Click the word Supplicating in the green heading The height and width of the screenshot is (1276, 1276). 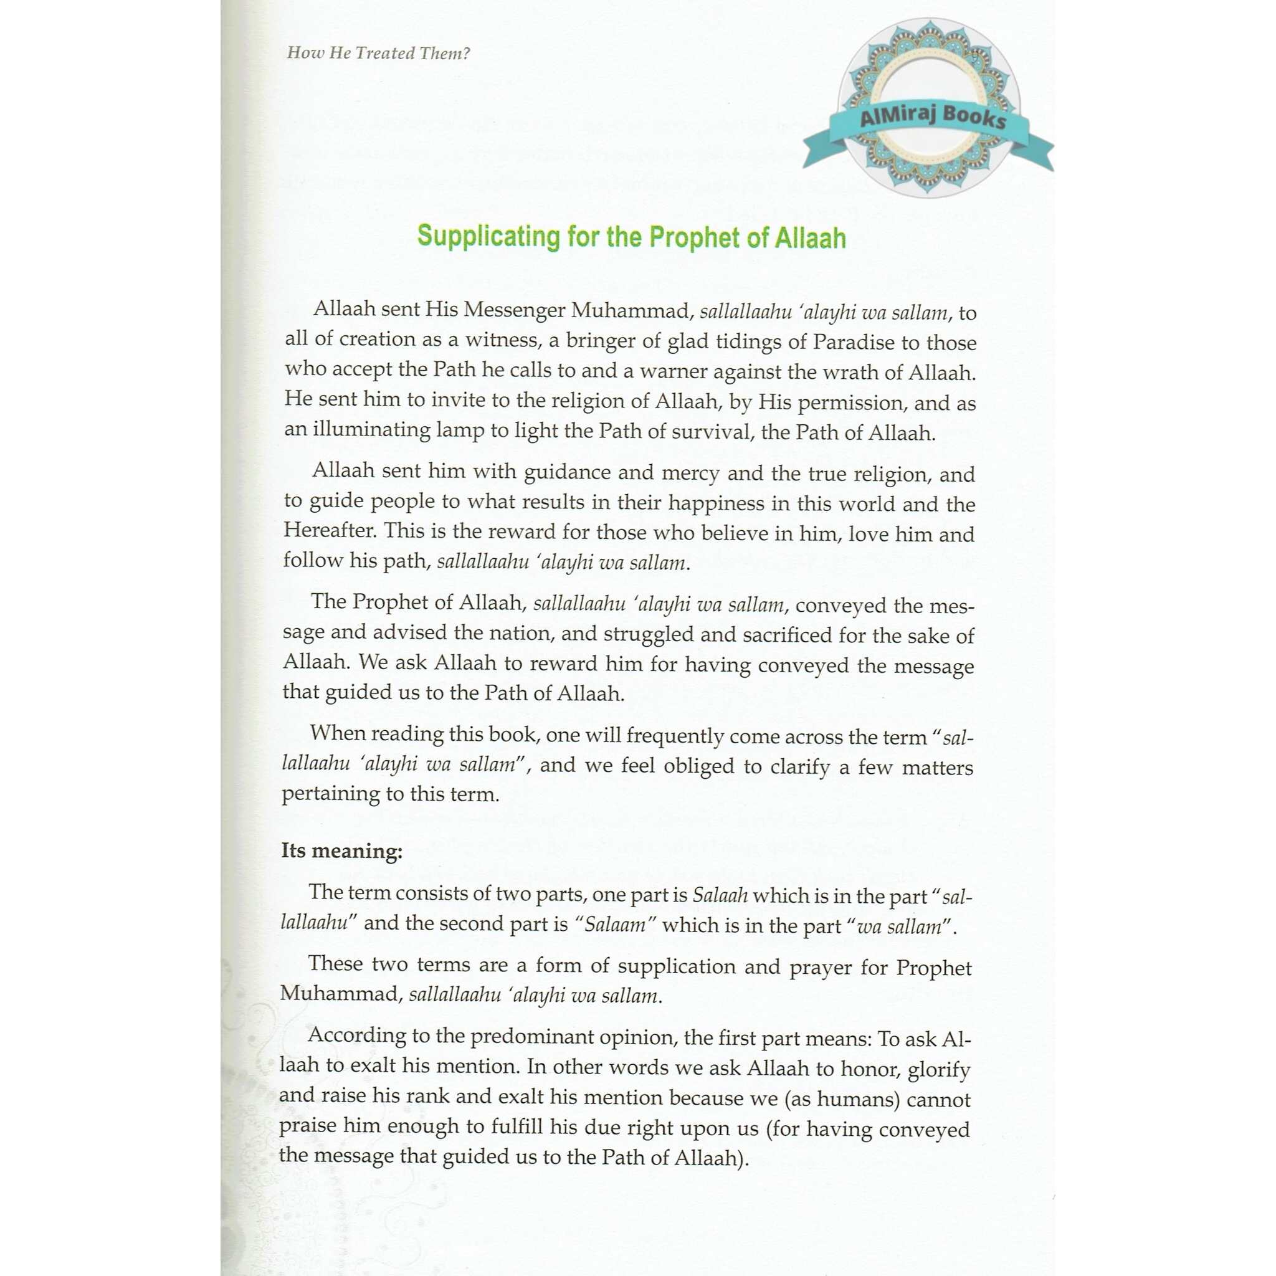click(x=487, y=236)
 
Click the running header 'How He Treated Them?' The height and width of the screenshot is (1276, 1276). click(x=378, y=53)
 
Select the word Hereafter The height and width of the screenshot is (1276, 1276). click(x=328, y=530)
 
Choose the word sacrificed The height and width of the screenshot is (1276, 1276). click(x=788, y=635)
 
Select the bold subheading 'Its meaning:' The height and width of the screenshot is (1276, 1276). click(x=341, y=850)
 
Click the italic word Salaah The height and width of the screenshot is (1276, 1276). click(x=720, y=895)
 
